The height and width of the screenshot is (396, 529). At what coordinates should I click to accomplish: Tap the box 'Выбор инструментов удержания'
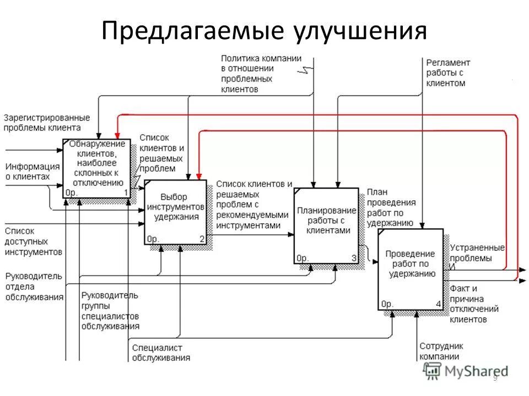click(x=175, y=212)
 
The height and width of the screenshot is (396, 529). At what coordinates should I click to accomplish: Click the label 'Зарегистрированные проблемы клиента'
click(x=46, y=123)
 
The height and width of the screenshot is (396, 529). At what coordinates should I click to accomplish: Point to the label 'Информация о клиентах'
click(x=32, y=172)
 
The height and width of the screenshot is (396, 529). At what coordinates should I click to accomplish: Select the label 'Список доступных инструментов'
click(x=33, y=241)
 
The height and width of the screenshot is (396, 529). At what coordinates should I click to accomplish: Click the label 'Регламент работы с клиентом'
click(x=448, y=73)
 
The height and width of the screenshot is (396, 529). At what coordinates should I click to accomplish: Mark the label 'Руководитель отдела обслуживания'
click(x=34, y=286)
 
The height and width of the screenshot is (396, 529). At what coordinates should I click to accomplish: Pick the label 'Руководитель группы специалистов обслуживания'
click(x=110, y=311)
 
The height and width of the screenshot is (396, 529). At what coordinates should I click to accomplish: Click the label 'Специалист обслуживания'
click(x=160, y=353)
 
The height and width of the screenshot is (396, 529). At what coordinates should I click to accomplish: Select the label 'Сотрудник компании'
click(x=441, y=351)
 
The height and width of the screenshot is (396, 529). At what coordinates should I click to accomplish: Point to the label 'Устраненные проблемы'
click(x=477, y=253)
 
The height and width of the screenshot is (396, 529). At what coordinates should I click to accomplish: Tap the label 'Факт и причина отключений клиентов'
click(x=474, y=304)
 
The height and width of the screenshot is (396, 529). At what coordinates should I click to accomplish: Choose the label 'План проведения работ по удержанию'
click(x=390, y=207)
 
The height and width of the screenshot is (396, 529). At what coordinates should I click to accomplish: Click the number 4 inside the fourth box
click(x=438, y=304)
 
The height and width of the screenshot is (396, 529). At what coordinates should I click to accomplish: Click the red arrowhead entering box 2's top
click(x=198, y=176)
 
